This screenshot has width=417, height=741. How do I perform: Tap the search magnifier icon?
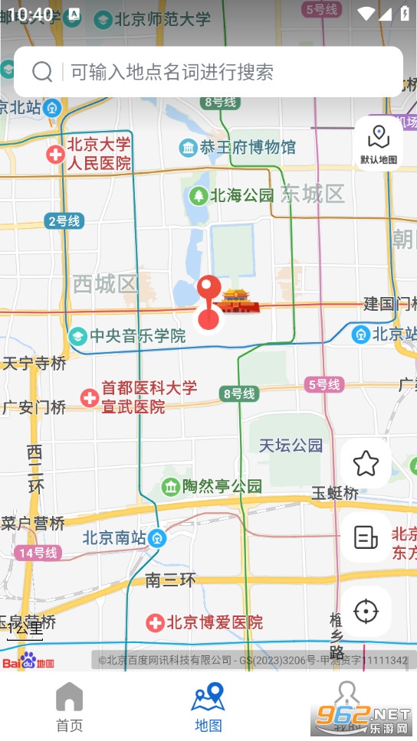pyautogui.click(x=42, y=72)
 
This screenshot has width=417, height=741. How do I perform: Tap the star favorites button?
pyautogui.click(x=366, y=463)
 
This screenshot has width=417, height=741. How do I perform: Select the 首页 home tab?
pyautogui.click(x=69, y=707)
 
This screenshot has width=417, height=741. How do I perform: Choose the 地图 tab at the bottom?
pyautogui.click(x=208, y=707)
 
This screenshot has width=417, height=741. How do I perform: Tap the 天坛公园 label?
pyautogui.click(x=291, y=445)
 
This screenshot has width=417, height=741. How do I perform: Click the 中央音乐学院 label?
pyautogui.click(x=137, y=335)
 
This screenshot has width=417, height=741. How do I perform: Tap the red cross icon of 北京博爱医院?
pyautogui.click(x=156, y=622)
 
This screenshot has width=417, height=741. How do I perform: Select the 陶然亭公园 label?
pyautogui.click(x=222, y=486)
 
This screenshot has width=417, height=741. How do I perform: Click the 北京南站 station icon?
pyautogui.click(x=157, y=538)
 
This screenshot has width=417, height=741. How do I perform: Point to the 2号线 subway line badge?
pyautogui.click(x=64, y=221)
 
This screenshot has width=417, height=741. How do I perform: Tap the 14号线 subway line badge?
pyautogui.click(x=37, y=552)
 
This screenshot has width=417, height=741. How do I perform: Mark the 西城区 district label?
pyautogui.click(x=104, y=284)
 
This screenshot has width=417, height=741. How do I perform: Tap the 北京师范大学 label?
pyautogui.click(x=162, y=19)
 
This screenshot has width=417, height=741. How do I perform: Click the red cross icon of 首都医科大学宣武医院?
pyautogui.click(x=90, y=397)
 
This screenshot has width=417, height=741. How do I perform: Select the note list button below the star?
pyautogui.click(x=366, y=537)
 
